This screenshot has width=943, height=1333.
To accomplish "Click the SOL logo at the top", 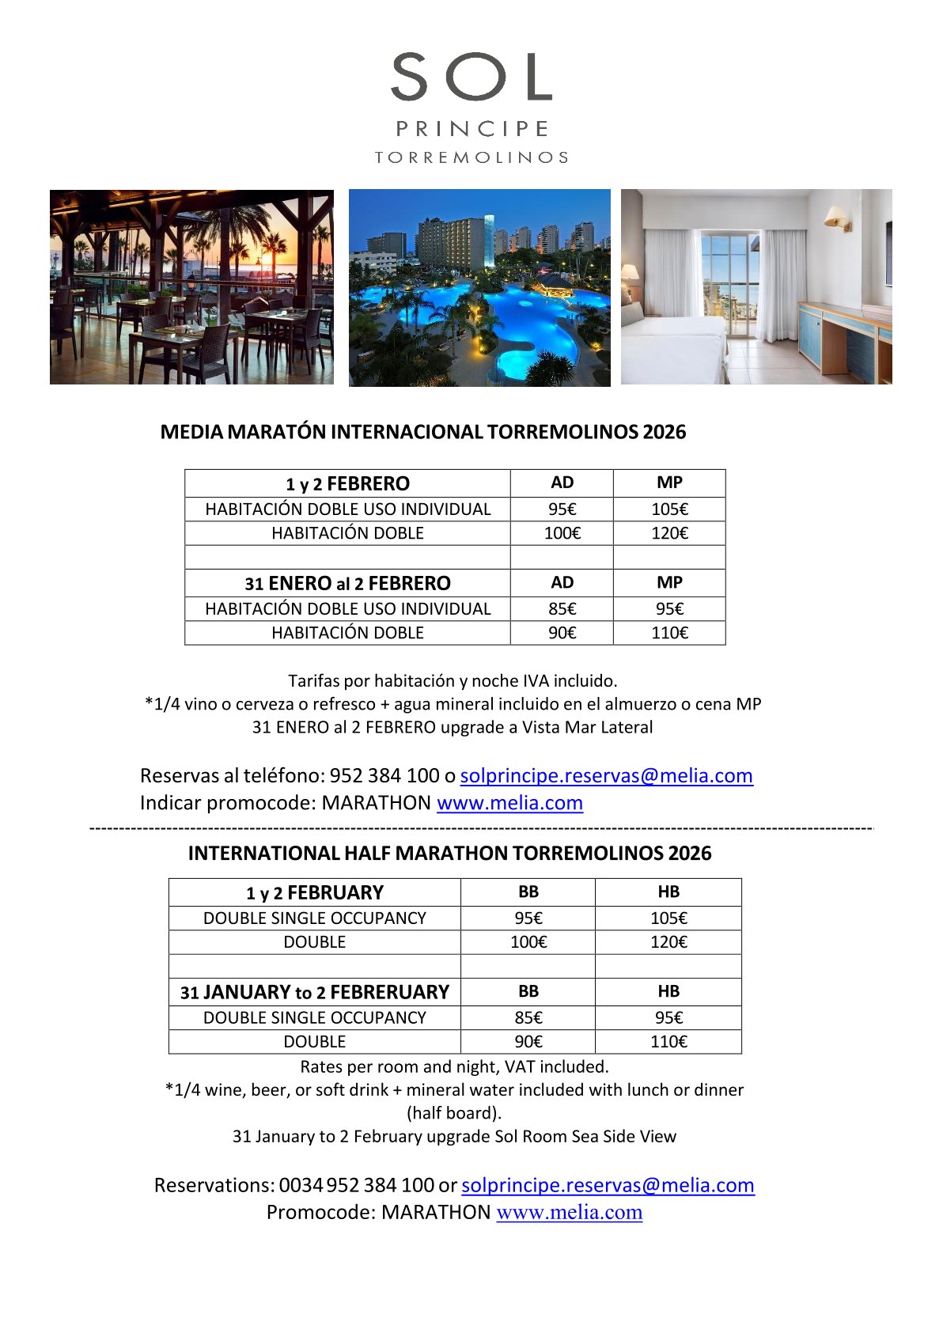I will tap(471, 78).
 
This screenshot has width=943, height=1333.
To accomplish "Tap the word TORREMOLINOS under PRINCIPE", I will tap(471, 157).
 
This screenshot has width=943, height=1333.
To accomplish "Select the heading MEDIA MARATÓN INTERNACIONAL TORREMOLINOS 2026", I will tap(422, 432).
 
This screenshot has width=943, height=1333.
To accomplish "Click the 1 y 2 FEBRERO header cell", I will tap(347, 483).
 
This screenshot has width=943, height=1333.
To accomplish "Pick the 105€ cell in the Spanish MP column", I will tap(669, 509).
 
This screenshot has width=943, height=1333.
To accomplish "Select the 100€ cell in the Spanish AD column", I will tap(562, 533).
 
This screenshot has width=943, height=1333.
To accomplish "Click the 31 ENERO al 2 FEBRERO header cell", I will tap(347, 583).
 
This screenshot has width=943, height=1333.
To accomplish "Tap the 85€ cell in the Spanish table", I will tap(562, 609).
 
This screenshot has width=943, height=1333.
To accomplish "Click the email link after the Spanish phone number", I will tap(606, 775).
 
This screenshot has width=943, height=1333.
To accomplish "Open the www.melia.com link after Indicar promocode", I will tap(509, 803).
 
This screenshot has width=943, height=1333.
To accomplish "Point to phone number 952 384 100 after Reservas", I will tap(384, 775).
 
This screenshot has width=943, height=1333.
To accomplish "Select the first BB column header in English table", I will tap(528, 892).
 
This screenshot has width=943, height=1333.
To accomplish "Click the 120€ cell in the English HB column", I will tap(668, 942).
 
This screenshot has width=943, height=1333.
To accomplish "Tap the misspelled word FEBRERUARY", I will tap(390, 992).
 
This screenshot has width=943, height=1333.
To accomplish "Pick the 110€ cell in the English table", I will tap(668, 1042).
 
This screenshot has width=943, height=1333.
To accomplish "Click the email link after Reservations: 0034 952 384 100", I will tap(608, 1185).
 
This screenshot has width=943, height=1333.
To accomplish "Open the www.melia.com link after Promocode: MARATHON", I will tap(569, 1212).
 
